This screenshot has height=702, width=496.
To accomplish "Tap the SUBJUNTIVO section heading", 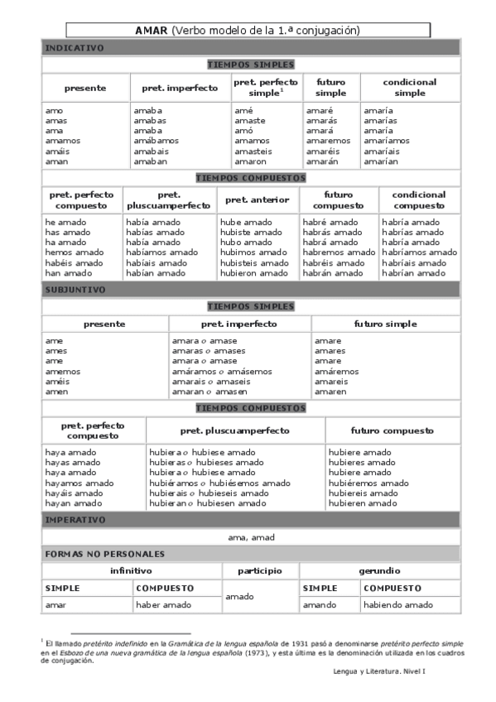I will pos(75,290).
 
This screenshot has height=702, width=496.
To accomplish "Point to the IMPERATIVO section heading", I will pos(75,520).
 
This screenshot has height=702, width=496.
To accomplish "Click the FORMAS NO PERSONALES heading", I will pos(104,554).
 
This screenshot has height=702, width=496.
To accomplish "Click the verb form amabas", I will pos(150,121).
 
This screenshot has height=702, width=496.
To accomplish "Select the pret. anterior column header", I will pos(258,200).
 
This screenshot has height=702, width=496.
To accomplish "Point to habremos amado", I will pos(339,252).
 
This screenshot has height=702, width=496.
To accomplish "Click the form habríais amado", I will pos(417,262).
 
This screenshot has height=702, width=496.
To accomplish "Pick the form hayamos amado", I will pos(79,483).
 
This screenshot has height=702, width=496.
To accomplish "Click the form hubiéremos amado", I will pos(368,483).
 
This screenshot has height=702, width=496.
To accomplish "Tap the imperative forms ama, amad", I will pos(251,537).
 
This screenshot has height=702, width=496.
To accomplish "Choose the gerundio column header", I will pos(379,571).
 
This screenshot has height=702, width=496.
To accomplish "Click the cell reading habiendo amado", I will pos(397,605).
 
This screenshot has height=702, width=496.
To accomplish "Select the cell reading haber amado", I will pos(164,605).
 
